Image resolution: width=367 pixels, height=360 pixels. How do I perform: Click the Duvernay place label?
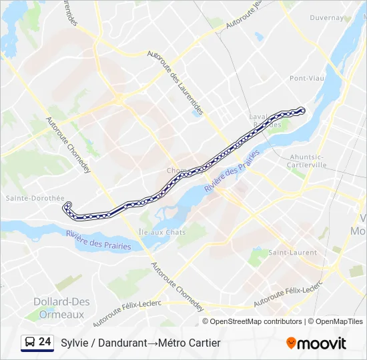[x=326, y=18]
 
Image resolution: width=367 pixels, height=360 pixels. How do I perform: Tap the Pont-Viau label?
[x=307, y=78]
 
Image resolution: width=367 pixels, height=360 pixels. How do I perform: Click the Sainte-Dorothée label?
[x=35, y=198]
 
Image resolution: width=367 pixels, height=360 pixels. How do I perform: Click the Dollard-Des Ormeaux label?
[x=61, y=308]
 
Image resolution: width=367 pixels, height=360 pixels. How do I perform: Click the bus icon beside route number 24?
[x=30, y=343]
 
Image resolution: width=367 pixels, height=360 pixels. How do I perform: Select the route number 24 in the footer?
[x=45, y=342]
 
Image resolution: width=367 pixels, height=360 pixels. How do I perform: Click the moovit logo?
[x=316, y=343]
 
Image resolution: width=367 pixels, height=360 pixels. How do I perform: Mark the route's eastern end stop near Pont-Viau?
[x=302, y=110]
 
